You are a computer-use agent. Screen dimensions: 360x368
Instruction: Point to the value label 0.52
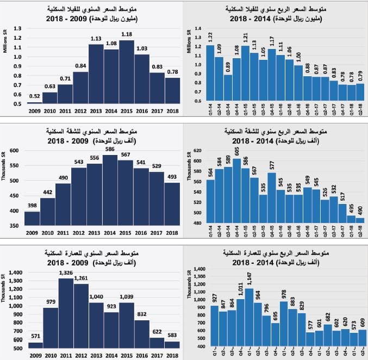[x=34, y=96]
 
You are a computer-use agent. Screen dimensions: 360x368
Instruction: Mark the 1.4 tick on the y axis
[x=198, y=28]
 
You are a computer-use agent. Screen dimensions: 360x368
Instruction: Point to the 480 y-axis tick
[x=197, y=223]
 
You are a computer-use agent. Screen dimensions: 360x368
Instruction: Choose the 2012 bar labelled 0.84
[x=80, y=88]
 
